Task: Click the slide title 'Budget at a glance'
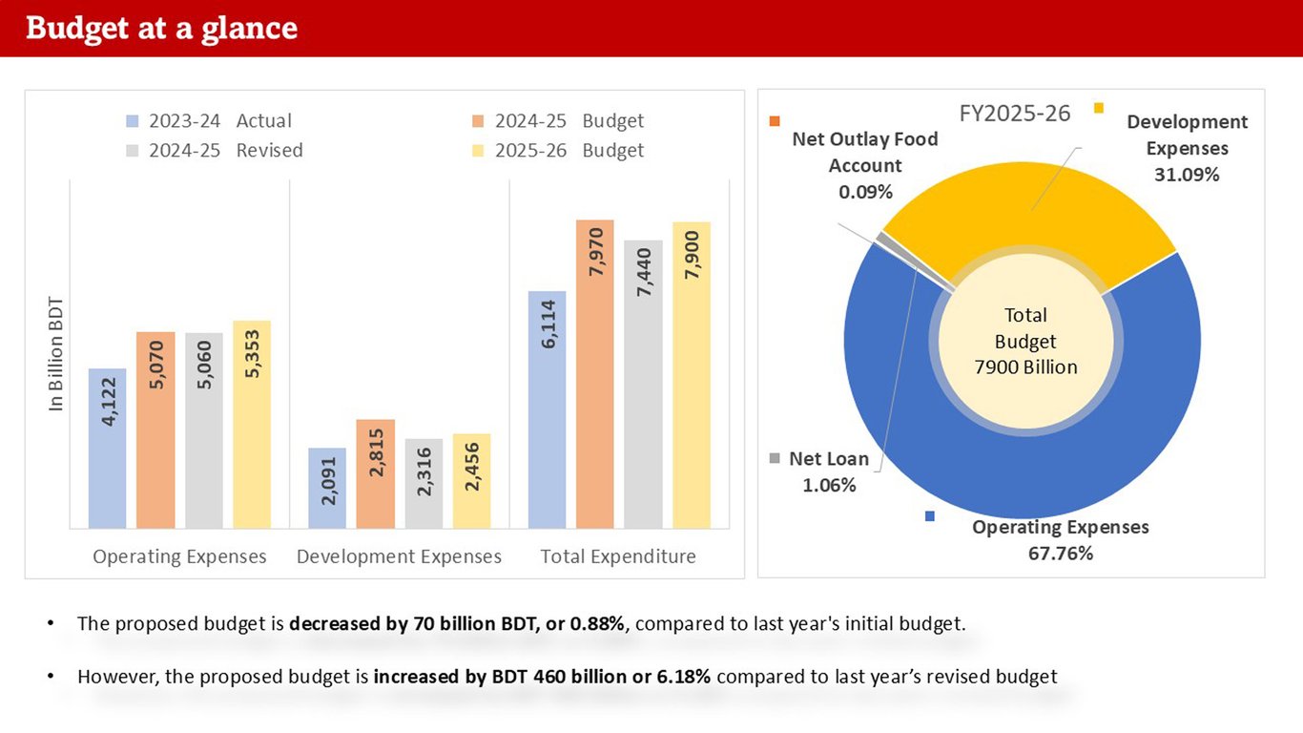161,29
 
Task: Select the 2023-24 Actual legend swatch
133,121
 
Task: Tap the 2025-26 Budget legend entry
569,151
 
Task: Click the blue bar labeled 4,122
107,448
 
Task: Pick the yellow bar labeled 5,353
252,424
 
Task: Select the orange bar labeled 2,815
376,473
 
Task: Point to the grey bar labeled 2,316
424,483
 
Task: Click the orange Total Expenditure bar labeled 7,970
594,373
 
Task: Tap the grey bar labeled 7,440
643,384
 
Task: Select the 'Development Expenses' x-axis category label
399,556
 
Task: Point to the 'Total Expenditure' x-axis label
618,556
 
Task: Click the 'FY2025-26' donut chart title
1014,114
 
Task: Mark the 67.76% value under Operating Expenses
1060,553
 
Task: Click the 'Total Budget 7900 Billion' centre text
1025,341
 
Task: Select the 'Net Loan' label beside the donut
829,459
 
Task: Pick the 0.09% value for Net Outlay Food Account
865,192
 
